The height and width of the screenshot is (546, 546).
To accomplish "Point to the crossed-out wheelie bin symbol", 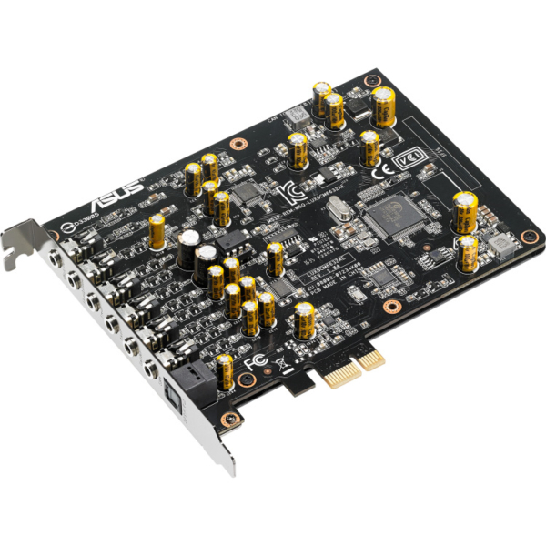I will (281, 369).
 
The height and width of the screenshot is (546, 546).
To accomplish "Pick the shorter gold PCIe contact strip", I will (370, 359).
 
